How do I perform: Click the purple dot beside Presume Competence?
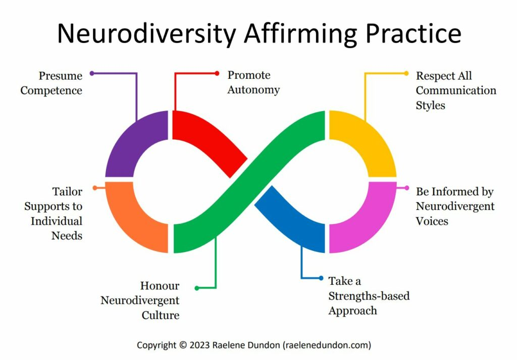(92, 73)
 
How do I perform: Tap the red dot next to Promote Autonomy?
(217, 73)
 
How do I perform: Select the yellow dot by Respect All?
(406, 73)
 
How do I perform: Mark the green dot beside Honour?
(197, 288)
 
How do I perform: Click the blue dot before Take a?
(321, 278)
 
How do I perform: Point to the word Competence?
(51, 91)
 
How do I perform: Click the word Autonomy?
(253, 90)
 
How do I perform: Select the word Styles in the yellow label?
(431, 106)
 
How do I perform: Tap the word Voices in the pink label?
(432, 221)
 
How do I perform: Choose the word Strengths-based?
(369, 295)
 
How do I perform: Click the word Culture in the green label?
(160, 316)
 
